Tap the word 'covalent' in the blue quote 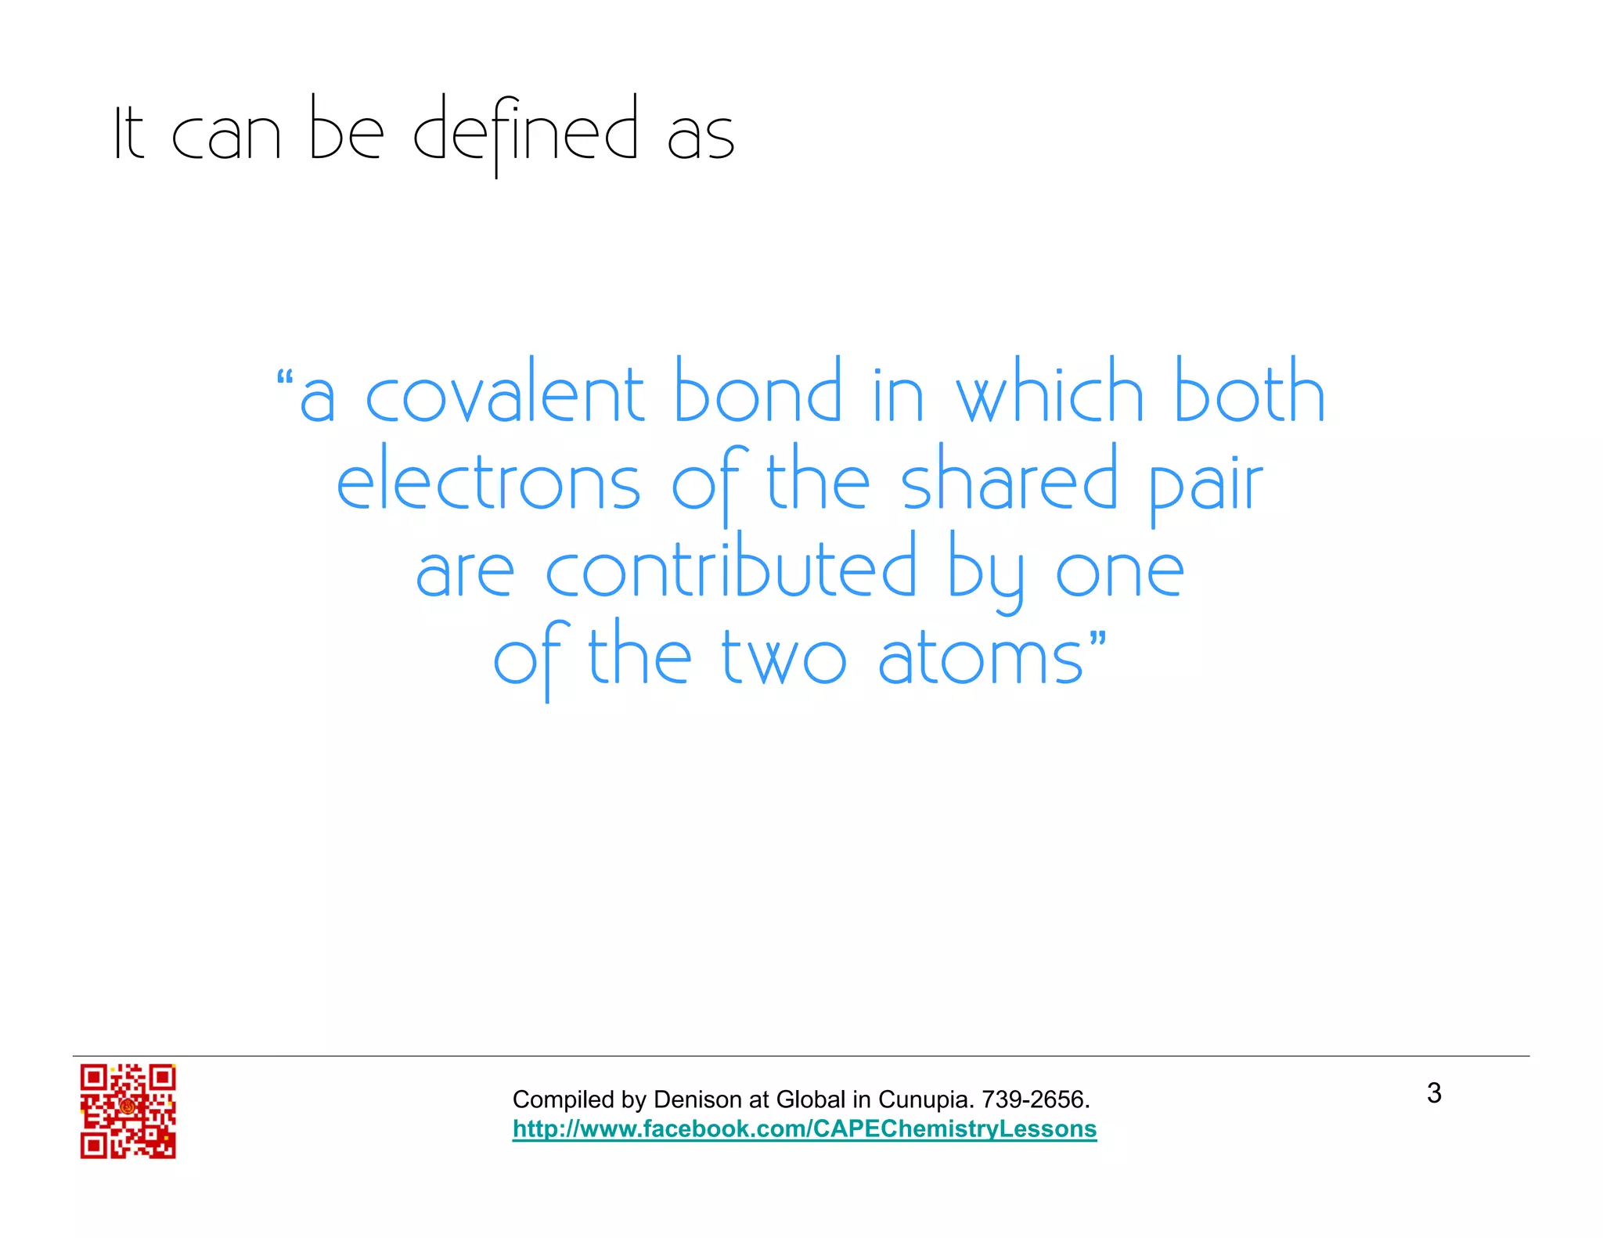point(505,395)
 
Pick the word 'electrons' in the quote point(488,482)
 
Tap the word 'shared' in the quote point(1010,479)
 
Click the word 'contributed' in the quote point(730,568)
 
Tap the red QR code point(128,1110)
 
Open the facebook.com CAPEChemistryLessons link point(805,1129)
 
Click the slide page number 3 point(1434,1093)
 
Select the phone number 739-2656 point(1035,1099)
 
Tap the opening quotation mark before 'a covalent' point(285,380)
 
